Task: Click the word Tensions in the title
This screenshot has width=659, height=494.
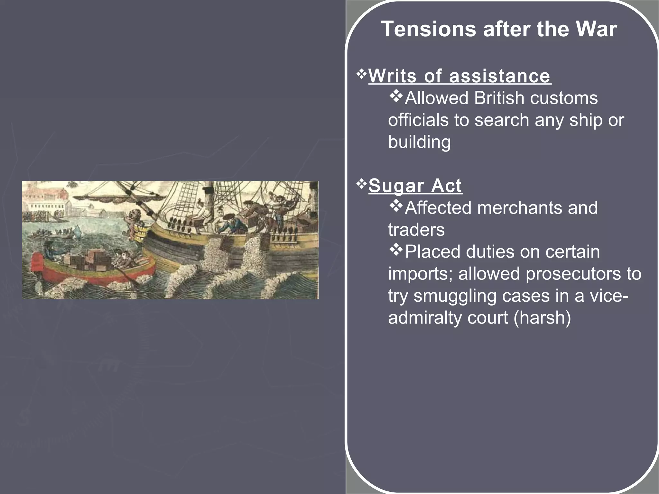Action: tap(428, 29)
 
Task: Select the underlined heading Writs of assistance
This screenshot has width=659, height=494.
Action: tap(459, 76)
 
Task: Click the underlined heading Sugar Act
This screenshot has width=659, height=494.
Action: tap(415, 186)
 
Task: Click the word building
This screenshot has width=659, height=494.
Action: tap(419, 142)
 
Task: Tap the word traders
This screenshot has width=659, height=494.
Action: tap(416, 230)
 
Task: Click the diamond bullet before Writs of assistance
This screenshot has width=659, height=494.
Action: tap(362, 75)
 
